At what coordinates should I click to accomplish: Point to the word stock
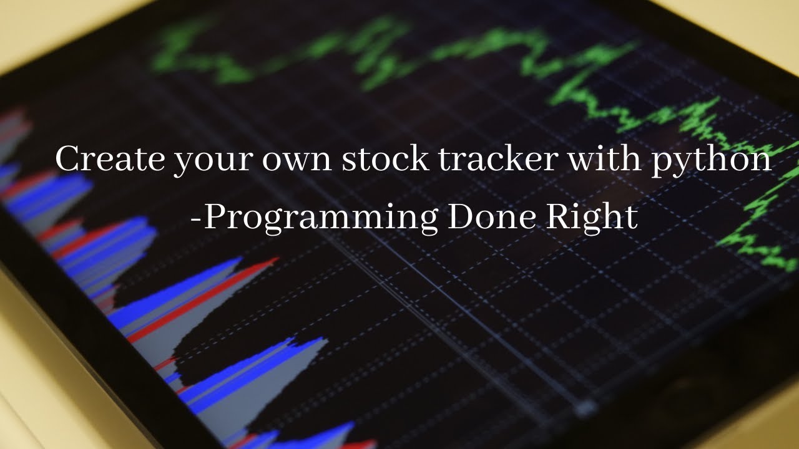click(385, 160)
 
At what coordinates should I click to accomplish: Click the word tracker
click(497, 160)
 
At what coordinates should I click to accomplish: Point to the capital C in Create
click(67, 160)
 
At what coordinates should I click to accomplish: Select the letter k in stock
click(420, 159)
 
